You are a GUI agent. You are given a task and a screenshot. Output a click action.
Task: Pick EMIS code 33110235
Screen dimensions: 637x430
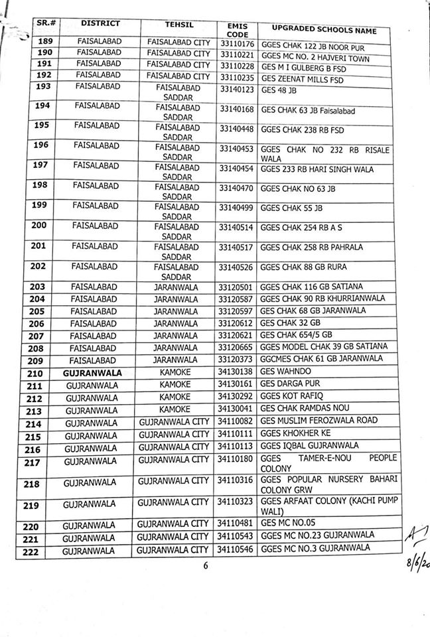point(237,76)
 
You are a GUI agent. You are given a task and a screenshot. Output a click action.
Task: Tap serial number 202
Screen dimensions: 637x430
point(46,267)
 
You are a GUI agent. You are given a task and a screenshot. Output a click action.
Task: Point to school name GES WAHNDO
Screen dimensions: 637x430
point(286,372)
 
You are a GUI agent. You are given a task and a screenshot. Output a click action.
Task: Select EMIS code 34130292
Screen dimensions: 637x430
point(237,396)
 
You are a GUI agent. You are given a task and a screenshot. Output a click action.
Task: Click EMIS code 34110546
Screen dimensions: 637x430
point(237,549)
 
